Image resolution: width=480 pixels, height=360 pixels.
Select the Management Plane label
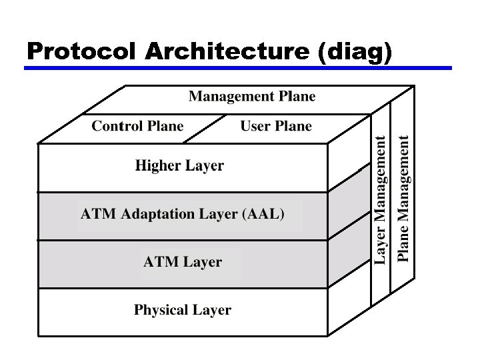coord(252,97)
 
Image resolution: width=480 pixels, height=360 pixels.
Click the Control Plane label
coord(137,126)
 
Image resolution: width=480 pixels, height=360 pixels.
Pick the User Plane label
coord(276,126)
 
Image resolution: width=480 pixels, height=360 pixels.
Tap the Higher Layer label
coord(179,166)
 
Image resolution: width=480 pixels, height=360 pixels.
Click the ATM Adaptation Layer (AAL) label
coord(183,215)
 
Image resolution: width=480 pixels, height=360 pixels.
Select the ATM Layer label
coord(183,262)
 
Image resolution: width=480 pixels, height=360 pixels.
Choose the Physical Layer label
coord(183,310)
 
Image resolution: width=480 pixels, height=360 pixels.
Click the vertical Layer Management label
coord(380,200)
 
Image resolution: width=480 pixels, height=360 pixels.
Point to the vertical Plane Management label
coord(403,200)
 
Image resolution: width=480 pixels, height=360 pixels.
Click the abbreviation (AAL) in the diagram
coord(265,215)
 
